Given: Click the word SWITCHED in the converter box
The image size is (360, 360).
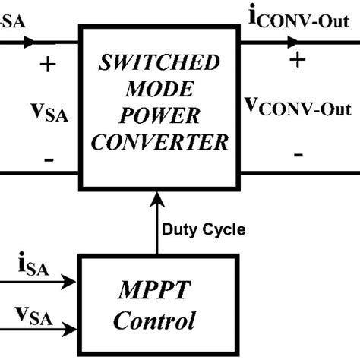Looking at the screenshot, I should point(157,62).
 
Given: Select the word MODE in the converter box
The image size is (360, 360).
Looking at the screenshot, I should point(157,89).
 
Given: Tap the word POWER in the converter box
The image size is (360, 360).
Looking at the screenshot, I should point(157,115).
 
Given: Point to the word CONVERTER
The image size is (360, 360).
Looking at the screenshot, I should point(157,141).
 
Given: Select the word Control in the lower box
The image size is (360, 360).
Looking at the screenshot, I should point(156,320).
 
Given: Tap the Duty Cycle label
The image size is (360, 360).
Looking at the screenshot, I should point(204,228).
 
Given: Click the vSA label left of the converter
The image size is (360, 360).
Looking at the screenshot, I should point(46,115).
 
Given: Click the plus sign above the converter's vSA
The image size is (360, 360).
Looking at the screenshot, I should point(47,65).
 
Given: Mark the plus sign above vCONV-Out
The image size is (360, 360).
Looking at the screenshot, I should point(297,61).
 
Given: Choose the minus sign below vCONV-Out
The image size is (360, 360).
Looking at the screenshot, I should point(298,155).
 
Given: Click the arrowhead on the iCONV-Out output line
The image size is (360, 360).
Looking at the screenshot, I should point(293,43).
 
